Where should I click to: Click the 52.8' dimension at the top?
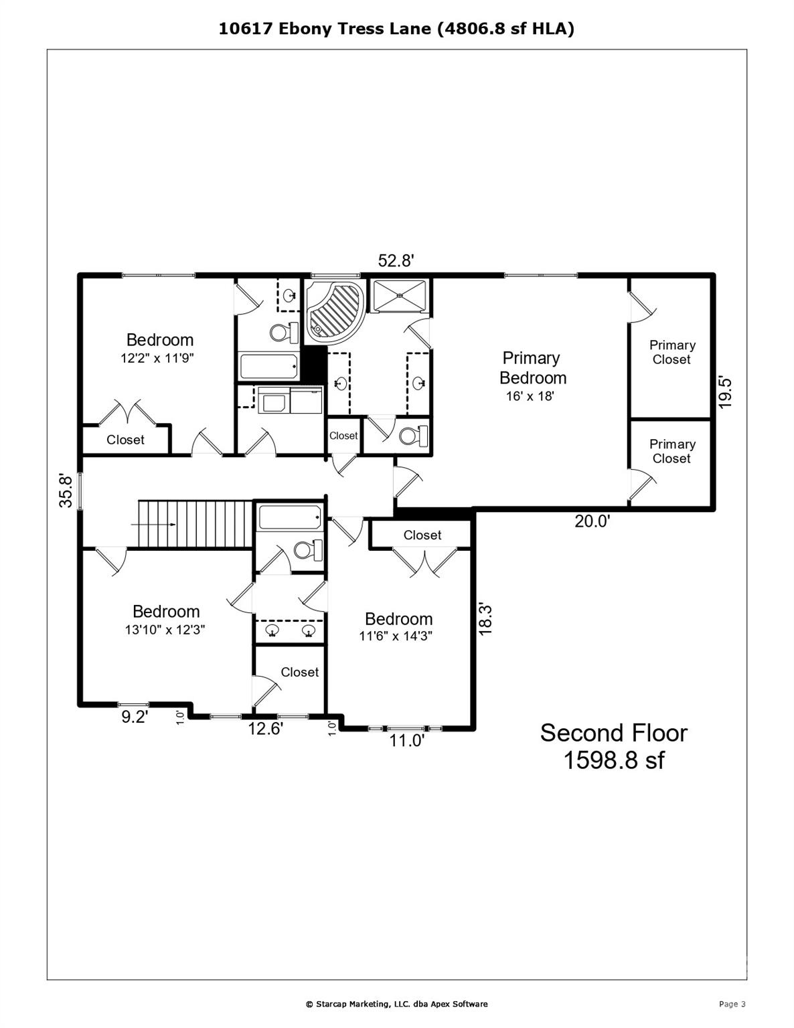pos(396,261)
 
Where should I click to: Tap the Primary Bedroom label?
pos(532,368)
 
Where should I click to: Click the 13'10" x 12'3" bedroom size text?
pos(165,630)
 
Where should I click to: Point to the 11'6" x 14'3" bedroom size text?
pos(396,636)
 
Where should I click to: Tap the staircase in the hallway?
pos(194,523)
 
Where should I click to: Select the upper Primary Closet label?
pos(671,352)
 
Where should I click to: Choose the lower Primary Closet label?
pos(671,451)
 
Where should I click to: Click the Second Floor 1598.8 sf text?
pos(613,746)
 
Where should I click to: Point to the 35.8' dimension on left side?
pos(66,491)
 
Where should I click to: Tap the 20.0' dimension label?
pos(592,521)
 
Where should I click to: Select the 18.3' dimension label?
pos(486,619)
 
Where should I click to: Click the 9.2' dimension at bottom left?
pos(134,717)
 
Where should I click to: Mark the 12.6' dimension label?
pos(266,728)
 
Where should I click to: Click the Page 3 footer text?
pos(732,1004)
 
